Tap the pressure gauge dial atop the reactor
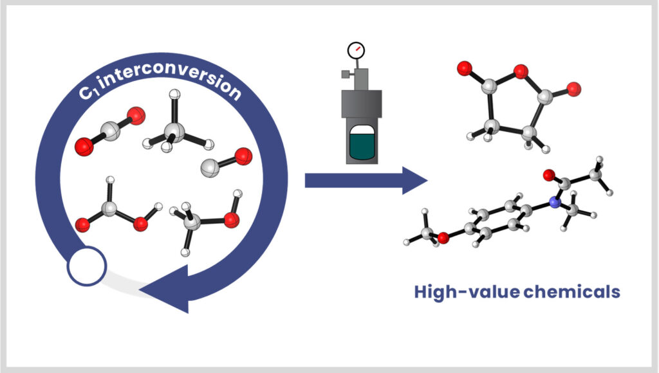tap(355, 50)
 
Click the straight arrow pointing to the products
tap(364, 181)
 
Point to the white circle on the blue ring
tap(86, 266)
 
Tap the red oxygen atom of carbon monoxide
tap(243, 155)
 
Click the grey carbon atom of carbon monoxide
tap(211, 168)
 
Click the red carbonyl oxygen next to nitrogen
tap(548, 174)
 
